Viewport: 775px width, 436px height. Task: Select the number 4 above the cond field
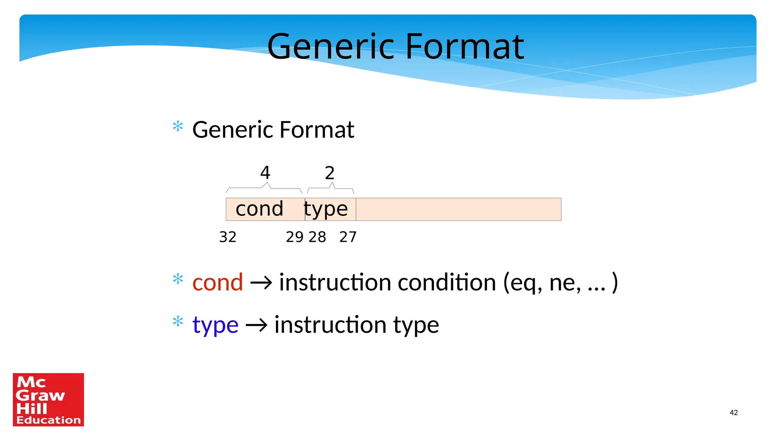pyautogui.click(x=265, y=173)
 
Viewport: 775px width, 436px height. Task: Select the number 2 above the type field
pyautogui.click(x=330, y=173)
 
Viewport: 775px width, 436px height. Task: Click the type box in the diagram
pyautogui.click(x=330, y=209)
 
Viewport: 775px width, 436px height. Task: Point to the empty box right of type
pyautogui.click(x=458, y=209)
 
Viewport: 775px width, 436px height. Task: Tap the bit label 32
pyautogui.click(x=227, y=237)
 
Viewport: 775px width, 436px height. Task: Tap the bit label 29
pyautogui.click(x=294, y=237)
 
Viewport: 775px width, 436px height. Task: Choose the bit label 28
pyautogui.click(x=317, y=237)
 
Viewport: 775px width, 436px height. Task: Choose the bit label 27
pyautogui.click(x=348, y=237)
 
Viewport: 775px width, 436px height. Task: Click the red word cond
pyautogui.click(x=218, y=282)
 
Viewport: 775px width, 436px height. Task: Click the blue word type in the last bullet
pyautogui.click(x=215, y=325)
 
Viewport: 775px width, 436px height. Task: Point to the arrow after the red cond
pyautogui.click(x=261, y=283)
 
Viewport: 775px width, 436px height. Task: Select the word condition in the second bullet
pyautogui.click(x=447, y=282)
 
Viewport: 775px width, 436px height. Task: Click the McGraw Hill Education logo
pyautogui.click(x=48, y=400)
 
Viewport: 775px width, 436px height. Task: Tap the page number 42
pyautogui.click(x=733, y=413)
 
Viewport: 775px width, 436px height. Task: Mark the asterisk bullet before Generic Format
pyautogui.click(x=178, y=126)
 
